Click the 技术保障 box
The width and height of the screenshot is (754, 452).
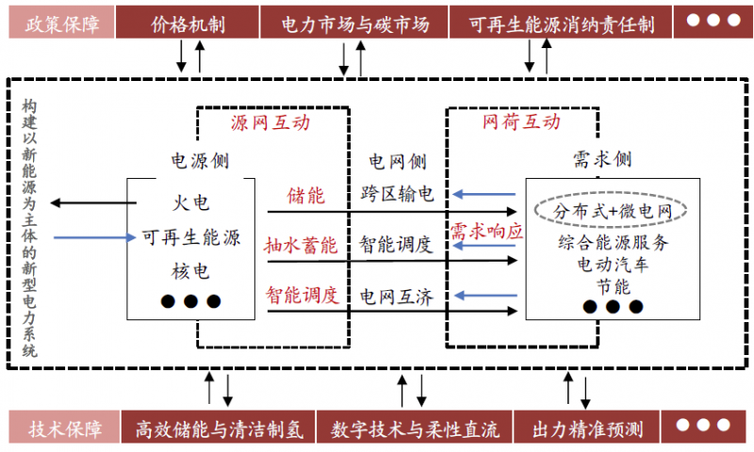tap(59, 429)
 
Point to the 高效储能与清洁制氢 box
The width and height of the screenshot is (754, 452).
tap(216, 429)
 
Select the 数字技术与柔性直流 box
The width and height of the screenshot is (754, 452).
tap(415, 429)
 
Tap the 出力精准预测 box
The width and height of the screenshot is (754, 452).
tap(587, 429)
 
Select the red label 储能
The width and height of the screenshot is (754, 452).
tap(306, 196)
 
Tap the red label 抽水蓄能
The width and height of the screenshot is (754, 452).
tap(301, 246)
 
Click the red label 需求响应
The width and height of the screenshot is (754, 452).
tap(485, 231)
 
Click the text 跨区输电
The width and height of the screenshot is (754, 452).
tap(397, 196)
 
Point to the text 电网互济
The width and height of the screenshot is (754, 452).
tap(397, 298)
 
